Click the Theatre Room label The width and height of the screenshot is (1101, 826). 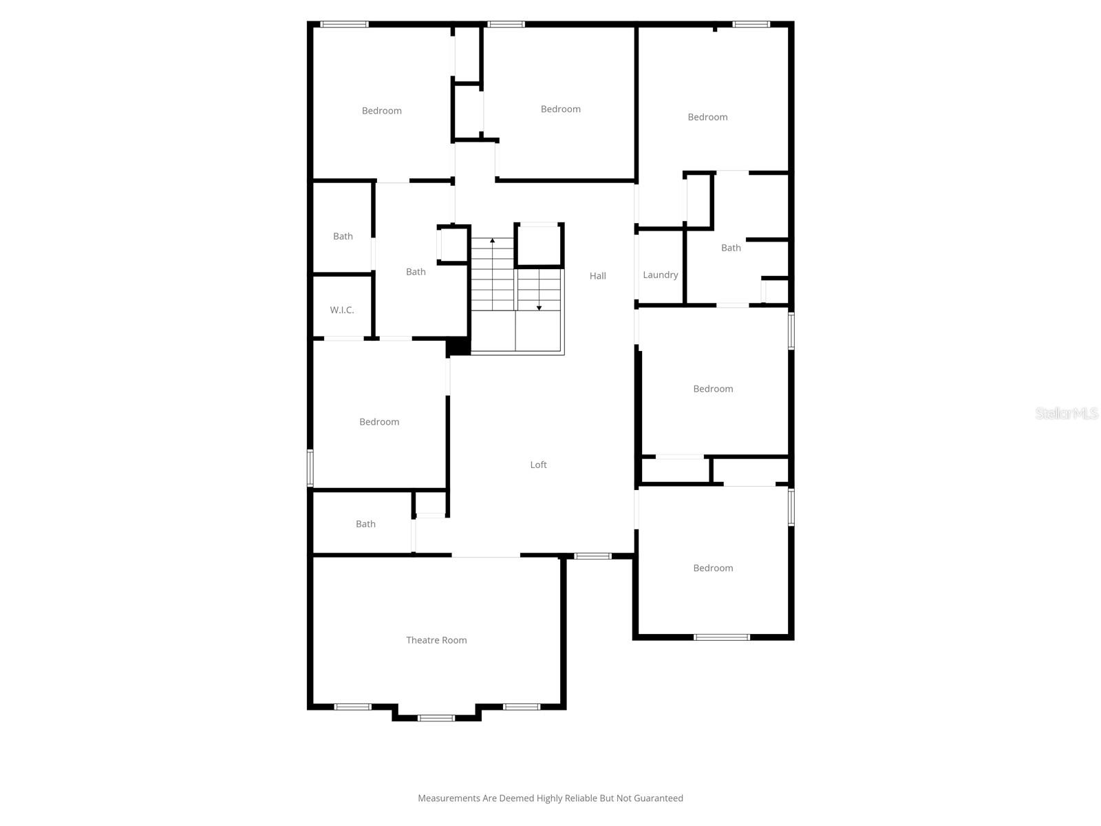(x=436, y=640)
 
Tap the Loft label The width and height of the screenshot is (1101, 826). (x=538, y=465)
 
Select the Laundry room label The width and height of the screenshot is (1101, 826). (x=660, y=275)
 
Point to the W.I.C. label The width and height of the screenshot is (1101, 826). (x=342, y=310)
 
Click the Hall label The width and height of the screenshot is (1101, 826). (x=597, y=276)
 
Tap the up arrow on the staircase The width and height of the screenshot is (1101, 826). (x=492, y=241)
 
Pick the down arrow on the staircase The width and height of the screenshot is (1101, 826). (x=539, y=307)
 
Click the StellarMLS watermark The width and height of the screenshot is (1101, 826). (x=1067, y=413)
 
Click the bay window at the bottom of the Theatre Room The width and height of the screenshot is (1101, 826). (x=436, y=718)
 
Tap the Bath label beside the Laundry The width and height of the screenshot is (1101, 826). (x=731, y=248)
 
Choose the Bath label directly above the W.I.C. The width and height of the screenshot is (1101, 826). (x=343, y=236)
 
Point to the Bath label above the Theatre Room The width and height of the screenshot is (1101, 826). (x=365, y=524)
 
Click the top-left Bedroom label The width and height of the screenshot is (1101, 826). (x=381, y=111)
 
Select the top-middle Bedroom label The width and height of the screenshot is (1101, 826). (x=560, y=109)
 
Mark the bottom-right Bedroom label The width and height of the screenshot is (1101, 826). (x=713, y=568)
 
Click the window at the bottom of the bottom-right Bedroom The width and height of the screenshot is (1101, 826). (x=721, y=637)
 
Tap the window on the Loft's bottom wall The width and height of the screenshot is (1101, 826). (x=592, y=556)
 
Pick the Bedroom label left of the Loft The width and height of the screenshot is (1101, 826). (x=379, y=422)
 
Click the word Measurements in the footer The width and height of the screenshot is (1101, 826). (x=449, y=798)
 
